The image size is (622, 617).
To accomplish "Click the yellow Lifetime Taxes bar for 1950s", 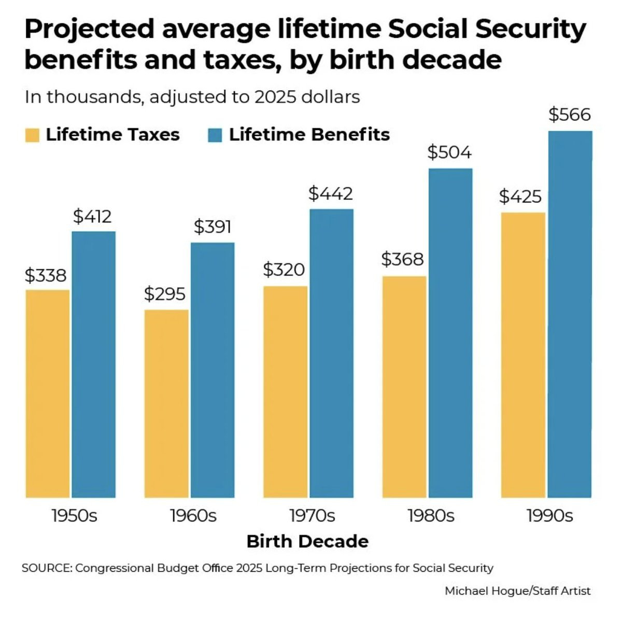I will [47, 394].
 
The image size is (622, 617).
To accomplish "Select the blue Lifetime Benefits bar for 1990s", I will [570, 314].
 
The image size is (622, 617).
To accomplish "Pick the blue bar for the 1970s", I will [331, 353].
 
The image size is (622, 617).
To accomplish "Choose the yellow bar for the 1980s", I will [404, 387].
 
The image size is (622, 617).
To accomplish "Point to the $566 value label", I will [570, 115].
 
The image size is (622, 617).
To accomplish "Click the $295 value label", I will [164, 294].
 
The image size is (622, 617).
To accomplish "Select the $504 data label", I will [449, 152].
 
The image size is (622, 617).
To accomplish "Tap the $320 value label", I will [284, 270].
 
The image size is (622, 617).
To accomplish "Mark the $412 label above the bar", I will [92, 216].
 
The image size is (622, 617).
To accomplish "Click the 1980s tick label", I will [431, 516].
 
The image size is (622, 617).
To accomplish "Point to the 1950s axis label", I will [74, 516].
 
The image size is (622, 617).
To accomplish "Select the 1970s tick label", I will [312, 516].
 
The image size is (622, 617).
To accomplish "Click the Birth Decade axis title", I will [307, 541].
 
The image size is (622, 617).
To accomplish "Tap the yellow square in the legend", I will [32, 135].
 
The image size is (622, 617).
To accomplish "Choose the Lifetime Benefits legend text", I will [309, 135].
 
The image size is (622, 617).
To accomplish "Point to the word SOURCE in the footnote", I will [47, 568].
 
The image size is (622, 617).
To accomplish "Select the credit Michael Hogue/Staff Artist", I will [517, 591].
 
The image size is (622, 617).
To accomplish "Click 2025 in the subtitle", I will [274, 97].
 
